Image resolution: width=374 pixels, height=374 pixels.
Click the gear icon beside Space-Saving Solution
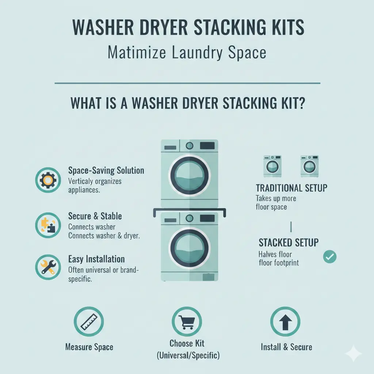coord(48,180)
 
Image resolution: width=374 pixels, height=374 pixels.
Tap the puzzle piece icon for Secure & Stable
coord(48,225)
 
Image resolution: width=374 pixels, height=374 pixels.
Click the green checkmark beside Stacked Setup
coord(330,257)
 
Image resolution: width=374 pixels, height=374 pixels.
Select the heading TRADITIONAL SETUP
coord(291,188)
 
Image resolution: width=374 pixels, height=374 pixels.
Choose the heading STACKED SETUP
coord(289,243)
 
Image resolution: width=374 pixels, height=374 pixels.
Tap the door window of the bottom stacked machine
coord(189,249)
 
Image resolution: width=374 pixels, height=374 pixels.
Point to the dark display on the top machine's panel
coord(207,145)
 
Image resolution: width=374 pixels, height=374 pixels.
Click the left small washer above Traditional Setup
coord(272,166)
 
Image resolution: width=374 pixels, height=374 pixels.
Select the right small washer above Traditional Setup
coord(310,166)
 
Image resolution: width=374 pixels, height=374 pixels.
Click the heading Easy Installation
coord(96,259)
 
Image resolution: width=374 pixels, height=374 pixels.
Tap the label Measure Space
coord(89,347)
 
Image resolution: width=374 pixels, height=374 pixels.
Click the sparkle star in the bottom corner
coord(354,354)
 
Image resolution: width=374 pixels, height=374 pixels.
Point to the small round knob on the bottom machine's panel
coord(189,218)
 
